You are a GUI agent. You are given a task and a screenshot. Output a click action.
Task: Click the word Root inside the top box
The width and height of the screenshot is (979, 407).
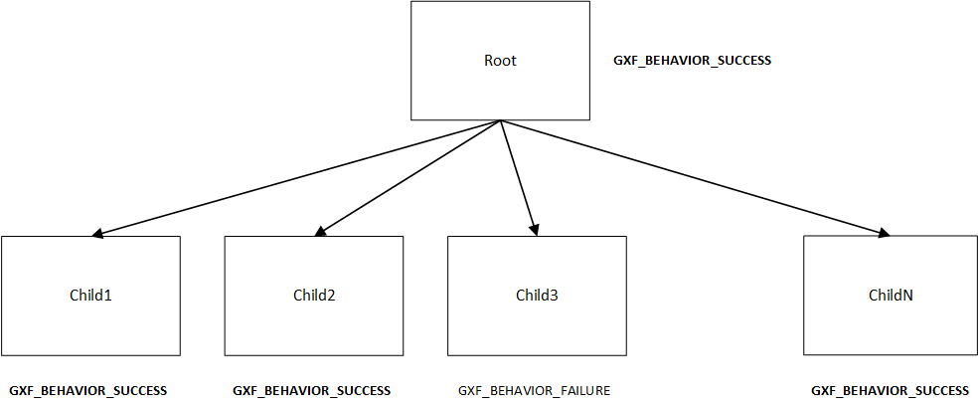click(x=500, y=61)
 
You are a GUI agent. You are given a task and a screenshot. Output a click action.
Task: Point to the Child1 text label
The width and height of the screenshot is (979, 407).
click(x=90, y=295)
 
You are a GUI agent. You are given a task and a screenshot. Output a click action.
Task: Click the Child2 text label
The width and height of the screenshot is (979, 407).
click(x=313, y=295)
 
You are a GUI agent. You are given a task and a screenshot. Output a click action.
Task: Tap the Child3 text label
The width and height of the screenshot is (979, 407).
click(x=537, y=295)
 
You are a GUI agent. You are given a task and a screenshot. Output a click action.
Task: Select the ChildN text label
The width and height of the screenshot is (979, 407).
click(x=892, y=295)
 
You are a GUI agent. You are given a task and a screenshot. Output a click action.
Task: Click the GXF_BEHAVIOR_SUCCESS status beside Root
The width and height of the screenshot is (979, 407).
click(x=693, y=61)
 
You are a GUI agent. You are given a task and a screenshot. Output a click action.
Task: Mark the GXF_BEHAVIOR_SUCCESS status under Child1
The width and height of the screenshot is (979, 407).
click(x=88, y=391)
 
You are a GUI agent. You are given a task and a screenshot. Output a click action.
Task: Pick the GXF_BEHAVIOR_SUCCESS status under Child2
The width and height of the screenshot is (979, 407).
click(x=311, y=391)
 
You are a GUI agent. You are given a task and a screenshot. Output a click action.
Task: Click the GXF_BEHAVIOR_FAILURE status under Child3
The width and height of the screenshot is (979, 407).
click(x=534, y=391)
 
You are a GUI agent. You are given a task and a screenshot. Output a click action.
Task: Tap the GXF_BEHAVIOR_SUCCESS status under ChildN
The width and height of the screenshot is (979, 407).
click(x=890, y=391)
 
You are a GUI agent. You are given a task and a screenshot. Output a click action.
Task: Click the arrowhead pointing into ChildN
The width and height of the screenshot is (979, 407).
click(x=883, y=234)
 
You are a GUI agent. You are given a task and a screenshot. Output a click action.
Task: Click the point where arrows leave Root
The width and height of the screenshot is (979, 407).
click(x=500, y=121)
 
